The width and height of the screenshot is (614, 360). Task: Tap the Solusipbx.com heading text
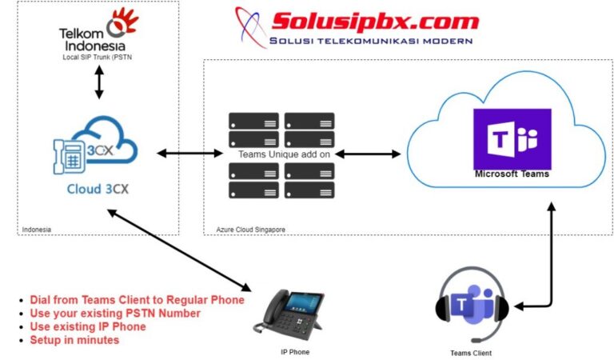375,21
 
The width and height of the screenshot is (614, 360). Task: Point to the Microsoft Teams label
512,174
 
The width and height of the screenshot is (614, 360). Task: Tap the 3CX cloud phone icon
95,149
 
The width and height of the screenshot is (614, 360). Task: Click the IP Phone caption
293,352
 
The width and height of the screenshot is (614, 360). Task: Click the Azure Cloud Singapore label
251,230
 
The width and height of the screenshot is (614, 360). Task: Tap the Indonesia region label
38,230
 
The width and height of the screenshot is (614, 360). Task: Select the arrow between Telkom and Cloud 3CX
99,82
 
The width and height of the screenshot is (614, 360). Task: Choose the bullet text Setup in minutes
75,340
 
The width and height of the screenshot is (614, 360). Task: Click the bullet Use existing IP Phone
88,326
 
